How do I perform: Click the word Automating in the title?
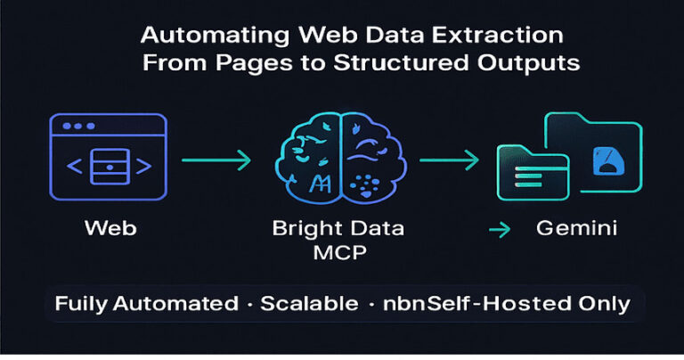pos(215,35)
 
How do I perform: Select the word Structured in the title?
pos(401,62)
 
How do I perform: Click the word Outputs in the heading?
pos(528,63)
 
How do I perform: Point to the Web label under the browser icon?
pos(110,228)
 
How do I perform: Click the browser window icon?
pos(108,157)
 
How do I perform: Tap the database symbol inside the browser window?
pos(110,167)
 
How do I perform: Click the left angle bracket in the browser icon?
pos(75,167)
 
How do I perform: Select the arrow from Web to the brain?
pos(216,160)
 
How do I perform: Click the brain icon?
pos(341,158)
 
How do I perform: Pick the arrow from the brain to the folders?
pos(449,160)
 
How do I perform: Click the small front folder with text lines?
pos(533,173)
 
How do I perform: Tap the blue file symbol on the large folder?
pos(608,161)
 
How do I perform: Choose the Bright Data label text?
pos(338,229)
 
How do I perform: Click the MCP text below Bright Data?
pos(340,252)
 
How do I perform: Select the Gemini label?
pos(577,228)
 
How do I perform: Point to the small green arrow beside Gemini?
pos(500,230)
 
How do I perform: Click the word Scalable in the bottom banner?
pos(309,303)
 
